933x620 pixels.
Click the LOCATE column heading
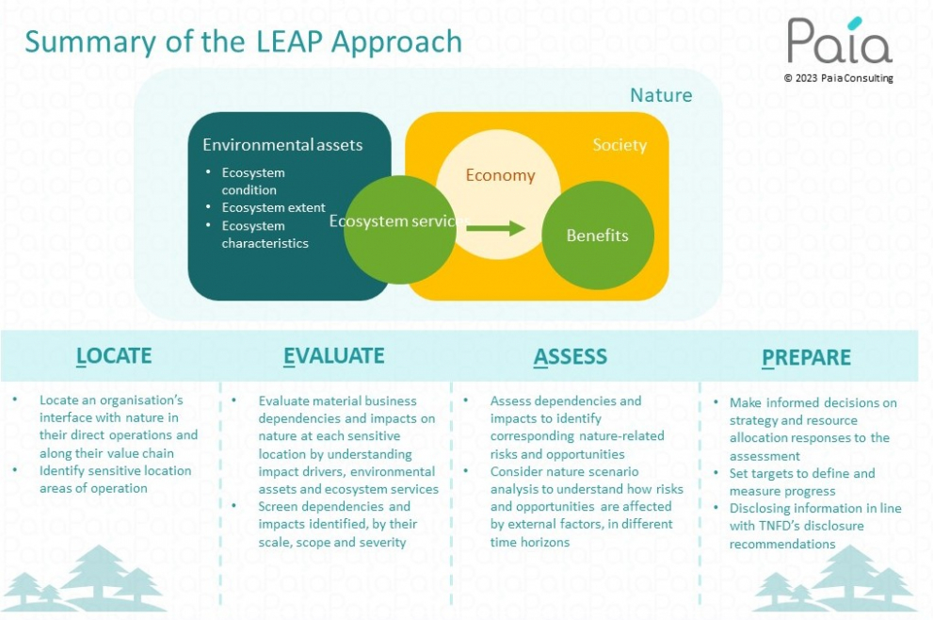(x=114, y=355)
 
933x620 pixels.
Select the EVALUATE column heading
(x=334, y=355)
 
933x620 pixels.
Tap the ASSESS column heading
(x=570, y=356)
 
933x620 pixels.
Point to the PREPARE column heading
(x=806, y=357)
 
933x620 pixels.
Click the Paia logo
(x=840, y=40)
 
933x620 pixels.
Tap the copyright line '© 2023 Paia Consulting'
(x=839, y=78)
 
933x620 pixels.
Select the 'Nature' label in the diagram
(x=661, y=95)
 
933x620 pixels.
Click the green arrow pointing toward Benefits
(x=495, y=227)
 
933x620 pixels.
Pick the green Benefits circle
(x=598, y=236)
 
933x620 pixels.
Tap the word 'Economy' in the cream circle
(x=501, y=175)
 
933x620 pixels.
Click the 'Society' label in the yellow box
(x=619, y=145)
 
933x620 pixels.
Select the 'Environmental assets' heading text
(x=282, y=145)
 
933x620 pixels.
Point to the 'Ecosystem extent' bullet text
(x=274, y=207)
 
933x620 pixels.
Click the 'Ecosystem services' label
(x=399, y=221)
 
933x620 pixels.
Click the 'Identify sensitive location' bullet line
(x=116, y=470)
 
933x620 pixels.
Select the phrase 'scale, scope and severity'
(x=332, y=542)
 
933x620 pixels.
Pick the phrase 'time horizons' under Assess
(x=529, y=542)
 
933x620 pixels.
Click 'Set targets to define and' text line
(x=802, y=474)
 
